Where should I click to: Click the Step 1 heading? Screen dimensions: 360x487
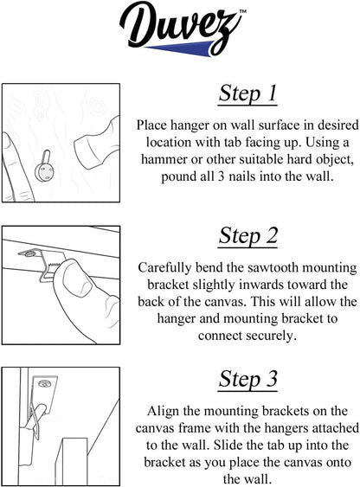[247, 93]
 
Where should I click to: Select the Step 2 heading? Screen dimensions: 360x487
[247, 236]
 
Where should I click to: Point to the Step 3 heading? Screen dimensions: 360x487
[247, 379]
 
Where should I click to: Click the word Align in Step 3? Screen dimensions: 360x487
[164, 412]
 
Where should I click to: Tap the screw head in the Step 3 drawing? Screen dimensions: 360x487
[44, 384]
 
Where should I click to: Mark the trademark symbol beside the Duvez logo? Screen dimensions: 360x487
[243, 11]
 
